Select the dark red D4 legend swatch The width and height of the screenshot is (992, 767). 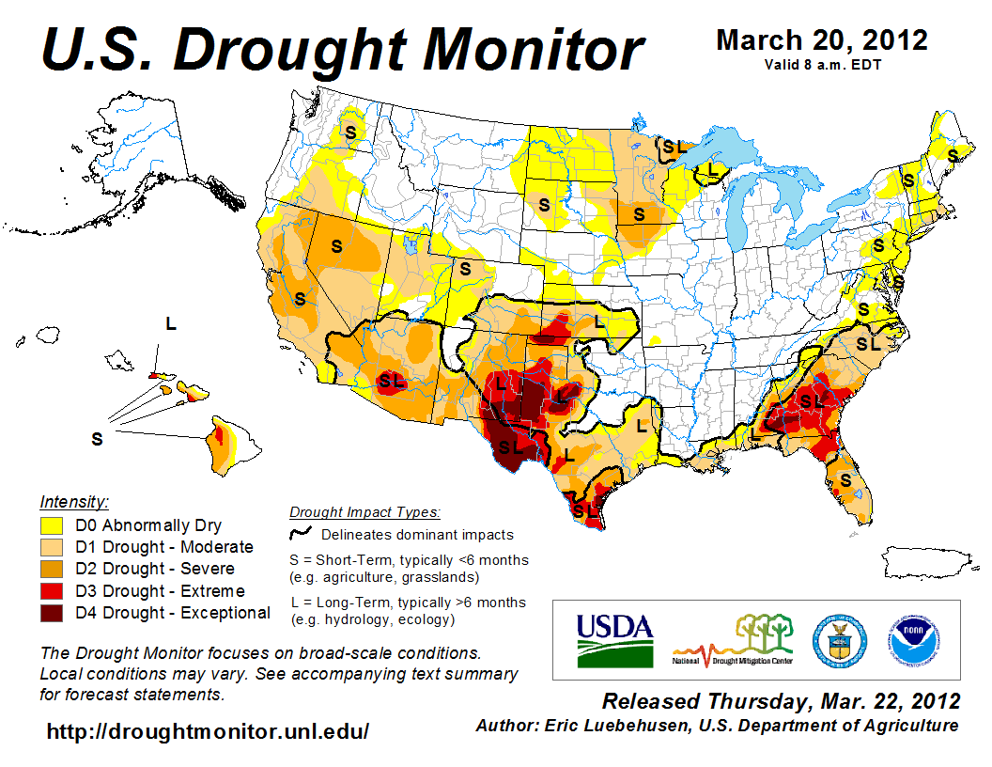point(51,613)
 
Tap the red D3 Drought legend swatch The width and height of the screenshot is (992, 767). point(51,591)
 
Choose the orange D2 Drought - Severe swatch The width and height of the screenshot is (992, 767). point(51,570)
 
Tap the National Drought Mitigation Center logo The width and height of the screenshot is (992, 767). point(733,640)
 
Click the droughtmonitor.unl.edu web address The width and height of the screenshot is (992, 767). point(208,730)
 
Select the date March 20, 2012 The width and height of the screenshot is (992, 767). point(821,40)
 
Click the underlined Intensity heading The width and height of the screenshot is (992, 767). point(75,502)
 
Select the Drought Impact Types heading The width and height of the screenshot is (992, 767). point(364,512)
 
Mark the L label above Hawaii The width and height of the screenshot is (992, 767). point(171,323)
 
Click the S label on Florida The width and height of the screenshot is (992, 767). point(845,479)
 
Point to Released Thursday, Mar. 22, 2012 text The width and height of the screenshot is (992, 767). point(781,702)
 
